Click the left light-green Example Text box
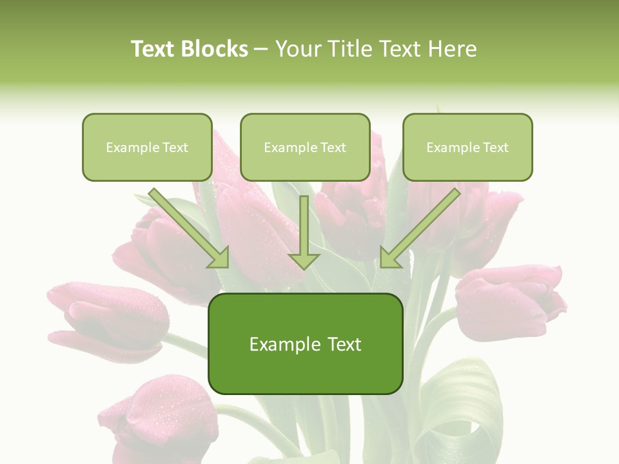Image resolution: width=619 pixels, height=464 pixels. click(x=147, y=148)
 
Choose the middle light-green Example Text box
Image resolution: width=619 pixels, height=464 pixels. click(x=305, y=148)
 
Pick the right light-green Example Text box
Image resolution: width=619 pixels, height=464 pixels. click(x=467, y=148)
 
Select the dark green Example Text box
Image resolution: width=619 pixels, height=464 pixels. click(x=306, y=344)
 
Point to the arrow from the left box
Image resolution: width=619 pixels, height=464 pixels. click(x=190, y=229)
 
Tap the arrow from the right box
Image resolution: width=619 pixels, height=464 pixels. click(x=419, y=229)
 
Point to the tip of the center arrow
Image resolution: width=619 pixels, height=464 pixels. click(x=304, y=268)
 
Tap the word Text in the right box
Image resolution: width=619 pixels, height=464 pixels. click(x=495, y=148)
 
